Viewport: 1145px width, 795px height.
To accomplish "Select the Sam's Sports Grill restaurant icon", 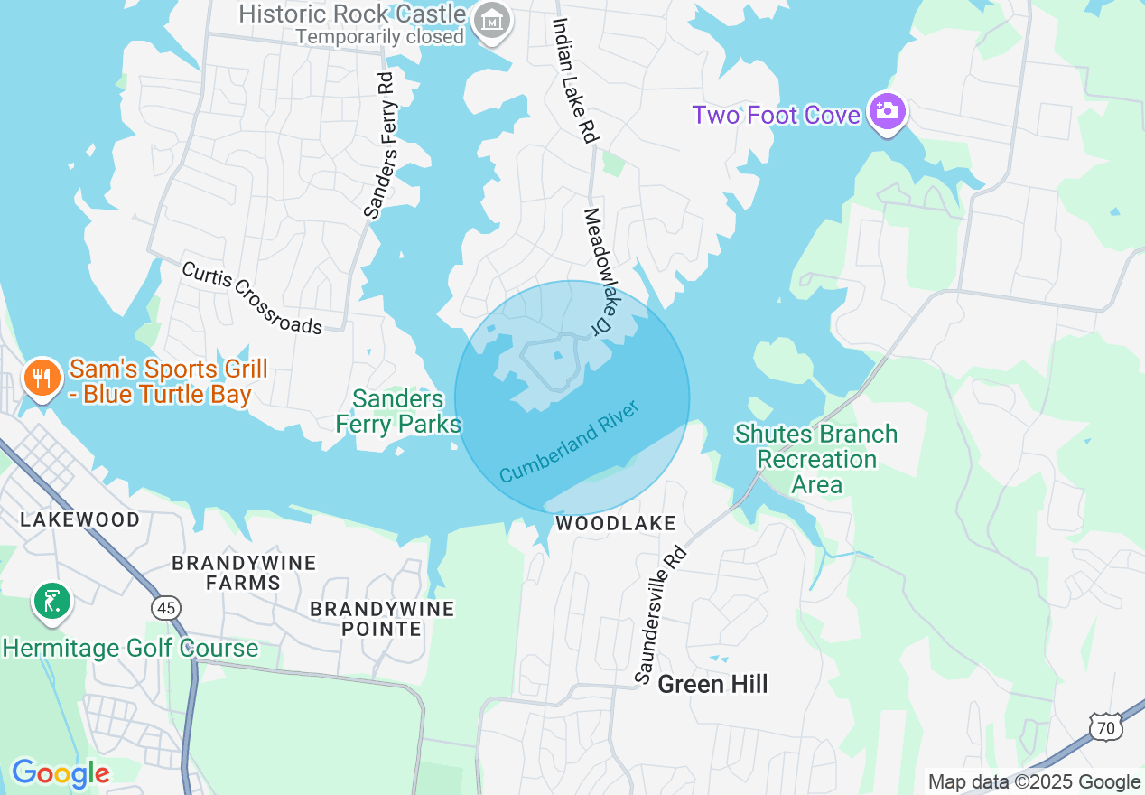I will click(x=41, y=378).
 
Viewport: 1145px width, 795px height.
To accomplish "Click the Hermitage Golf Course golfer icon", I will click(x=52, y=602).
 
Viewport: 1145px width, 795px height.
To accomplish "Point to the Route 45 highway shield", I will click(x=166, y=609).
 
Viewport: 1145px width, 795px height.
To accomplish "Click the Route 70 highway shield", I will click(x=1105, y=725).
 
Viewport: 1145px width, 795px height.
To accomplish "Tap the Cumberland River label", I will click(x=569, y=442).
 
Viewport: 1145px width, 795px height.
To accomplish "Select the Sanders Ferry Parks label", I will click(x=398, y=412).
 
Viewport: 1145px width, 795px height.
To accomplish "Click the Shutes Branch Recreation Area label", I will click(x=816, y=459).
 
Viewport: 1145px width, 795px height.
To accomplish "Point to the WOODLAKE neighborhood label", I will click(x=616, y=523).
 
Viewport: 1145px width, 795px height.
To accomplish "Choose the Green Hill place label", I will click(x=712, y=684).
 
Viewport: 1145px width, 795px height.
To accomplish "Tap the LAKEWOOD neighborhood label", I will click(x=80, y=519).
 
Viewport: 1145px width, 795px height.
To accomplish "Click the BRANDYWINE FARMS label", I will click(x=244, y=573).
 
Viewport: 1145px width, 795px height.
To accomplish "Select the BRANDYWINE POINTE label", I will click(x=382, y=619).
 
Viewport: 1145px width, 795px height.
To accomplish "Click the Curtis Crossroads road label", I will click(x=252, y=298).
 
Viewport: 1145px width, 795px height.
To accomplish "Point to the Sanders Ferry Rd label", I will click(x=380, y=146).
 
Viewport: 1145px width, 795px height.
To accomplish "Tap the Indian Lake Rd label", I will click(x=574, y=79).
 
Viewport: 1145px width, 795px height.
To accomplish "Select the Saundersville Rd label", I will click(x=660, y=614).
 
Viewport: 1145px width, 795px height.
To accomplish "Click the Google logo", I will click(x=61, y=773).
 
